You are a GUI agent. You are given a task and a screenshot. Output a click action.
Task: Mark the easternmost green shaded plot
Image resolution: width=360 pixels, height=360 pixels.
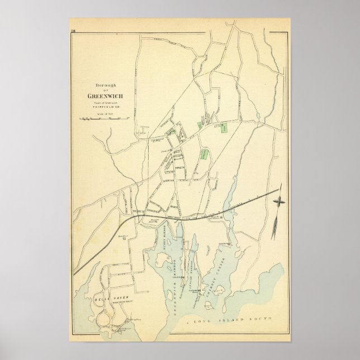pos(224,128)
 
